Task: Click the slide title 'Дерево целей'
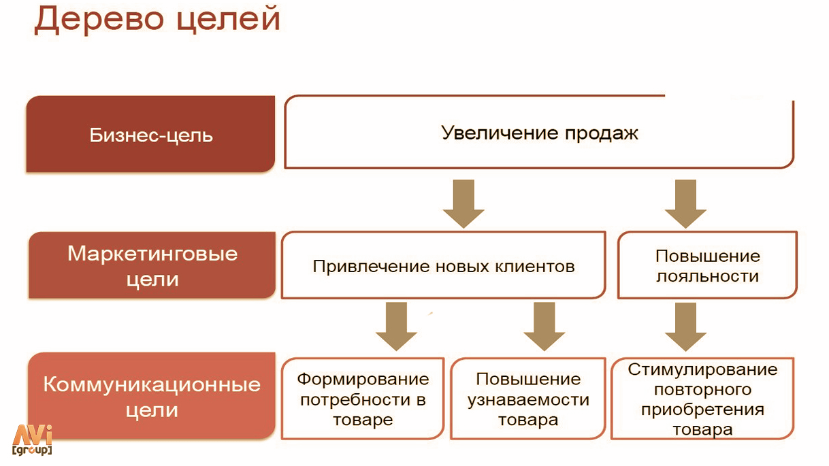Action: point(157,20)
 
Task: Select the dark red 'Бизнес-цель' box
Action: point(150,134)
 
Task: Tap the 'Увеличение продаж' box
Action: point(539,132)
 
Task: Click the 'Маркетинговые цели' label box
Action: point(152,265)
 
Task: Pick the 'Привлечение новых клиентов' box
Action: point(443,265)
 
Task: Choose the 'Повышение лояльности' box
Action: point(707,265)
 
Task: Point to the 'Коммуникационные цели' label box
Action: point(152,396)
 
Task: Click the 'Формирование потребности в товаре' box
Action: point(363,399)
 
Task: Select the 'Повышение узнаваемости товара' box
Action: point(528,399)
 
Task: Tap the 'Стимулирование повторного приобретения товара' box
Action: point(702,399)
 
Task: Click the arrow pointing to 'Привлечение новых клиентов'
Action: point(464,204)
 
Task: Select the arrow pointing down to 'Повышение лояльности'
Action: point(685,204)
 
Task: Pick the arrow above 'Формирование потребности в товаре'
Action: point(396,327)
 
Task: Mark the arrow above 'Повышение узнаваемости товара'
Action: point(544,327)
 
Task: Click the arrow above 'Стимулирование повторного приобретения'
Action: point(685,327)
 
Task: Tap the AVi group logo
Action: point(32,440)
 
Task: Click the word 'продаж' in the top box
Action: point(602,133)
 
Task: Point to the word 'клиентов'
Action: point(535,266)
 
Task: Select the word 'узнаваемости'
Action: point(528,400)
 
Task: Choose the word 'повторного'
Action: point(702,390)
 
